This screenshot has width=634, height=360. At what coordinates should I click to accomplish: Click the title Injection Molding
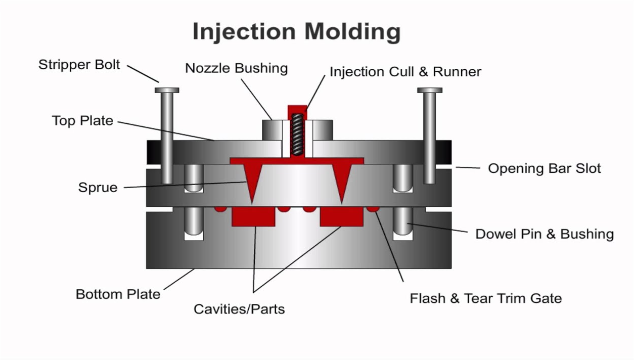(x=297, y=32)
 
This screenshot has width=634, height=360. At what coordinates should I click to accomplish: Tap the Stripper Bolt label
(x=79, y=65)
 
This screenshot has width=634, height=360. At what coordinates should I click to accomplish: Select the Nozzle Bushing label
(x=236, y=68)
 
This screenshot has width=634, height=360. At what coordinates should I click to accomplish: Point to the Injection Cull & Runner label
(x=405, y=72)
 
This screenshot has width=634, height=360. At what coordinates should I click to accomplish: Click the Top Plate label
(x=82, y=120)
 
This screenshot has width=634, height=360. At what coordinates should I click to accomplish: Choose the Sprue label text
(x=98, y=188)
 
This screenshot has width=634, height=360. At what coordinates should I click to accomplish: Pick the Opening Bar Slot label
(x=545, y=168)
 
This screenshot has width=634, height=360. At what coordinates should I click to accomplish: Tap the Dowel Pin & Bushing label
(x=545, y=234)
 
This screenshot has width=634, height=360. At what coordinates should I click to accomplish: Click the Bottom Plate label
(x=118, y=294)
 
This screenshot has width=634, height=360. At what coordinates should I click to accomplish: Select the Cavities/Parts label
(x=239, y=309)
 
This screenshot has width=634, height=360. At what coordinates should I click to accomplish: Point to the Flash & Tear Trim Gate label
(x=486, y=298)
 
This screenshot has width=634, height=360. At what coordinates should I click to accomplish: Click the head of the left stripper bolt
(x=167, y=91)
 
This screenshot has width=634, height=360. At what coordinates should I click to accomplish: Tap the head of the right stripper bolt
(x=430, y=91)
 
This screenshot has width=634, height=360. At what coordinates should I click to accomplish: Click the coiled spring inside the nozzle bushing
(x=297, y=134)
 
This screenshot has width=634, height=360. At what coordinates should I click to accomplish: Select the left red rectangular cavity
(x=253, y=216)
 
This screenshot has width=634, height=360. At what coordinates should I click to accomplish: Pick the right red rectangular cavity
(x=342, y=216)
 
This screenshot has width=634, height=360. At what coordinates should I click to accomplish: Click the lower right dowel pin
(x=403, y=221)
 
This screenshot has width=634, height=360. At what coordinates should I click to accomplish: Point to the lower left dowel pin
(x=194, y=221)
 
